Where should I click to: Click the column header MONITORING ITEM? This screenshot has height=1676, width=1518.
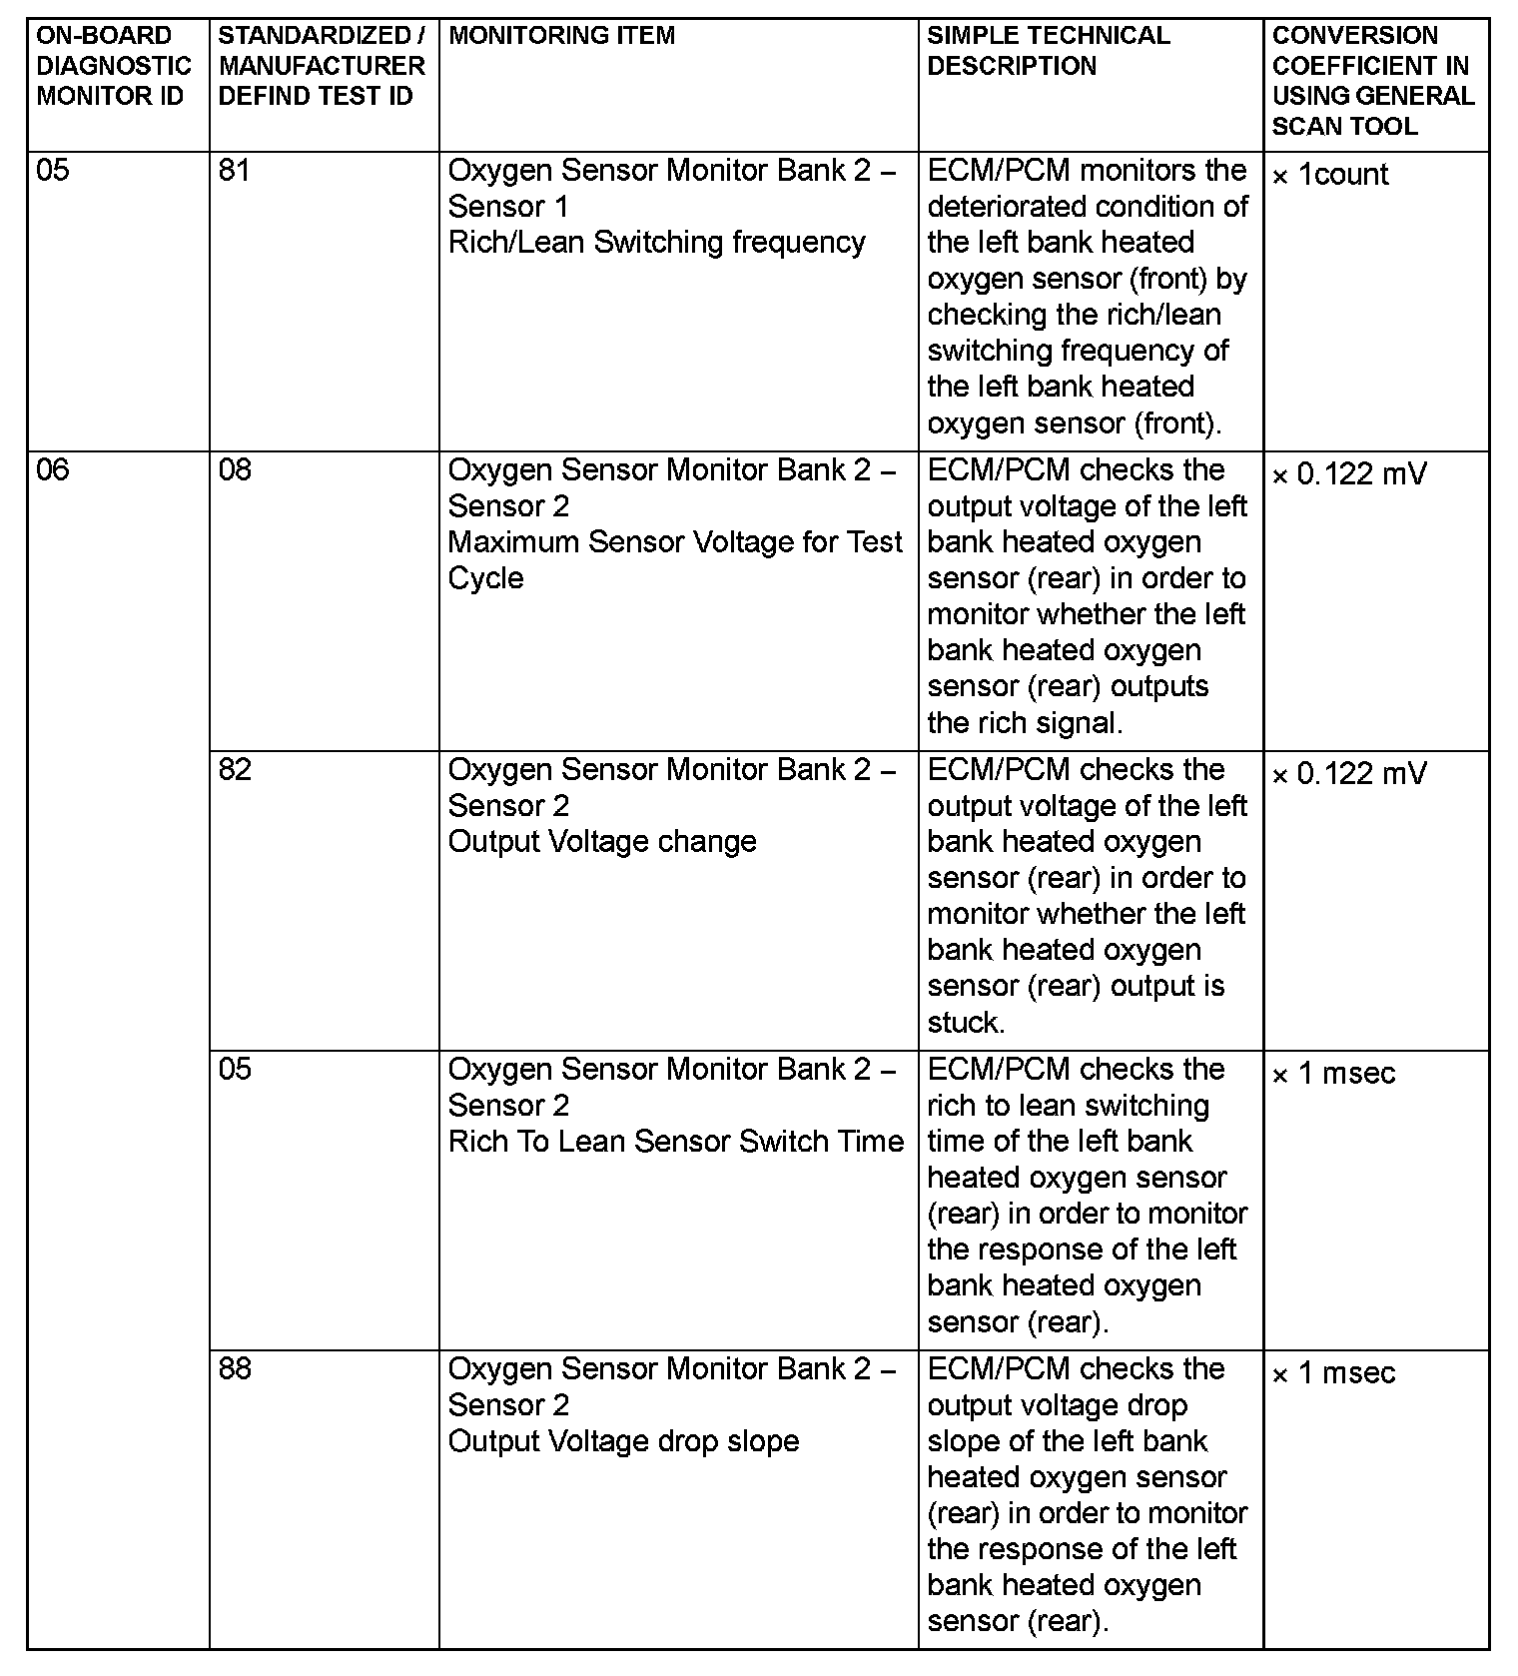tap(562, 36)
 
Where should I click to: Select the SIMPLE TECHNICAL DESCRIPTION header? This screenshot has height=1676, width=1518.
tap(1049, 51)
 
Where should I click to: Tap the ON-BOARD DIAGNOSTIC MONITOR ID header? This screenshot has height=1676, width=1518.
tap(113, 66)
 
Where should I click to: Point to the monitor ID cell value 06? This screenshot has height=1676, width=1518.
tap(53, 469)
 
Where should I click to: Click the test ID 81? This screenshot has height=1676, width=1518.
tap(234, 171)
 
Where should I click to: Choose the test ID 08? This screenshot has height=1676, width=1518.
tap(235, 469)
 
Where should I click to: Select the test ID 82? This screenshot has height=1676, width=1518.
tap(235, 769)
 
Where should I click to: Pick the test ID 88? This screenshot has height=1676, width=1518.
tap(235, 1368)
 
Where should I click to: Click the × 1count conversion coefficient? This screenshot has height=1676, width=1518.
tap(1330, 175)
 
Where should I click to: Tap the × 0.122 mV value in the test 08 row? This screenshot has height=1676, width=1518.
tap(1349, 474)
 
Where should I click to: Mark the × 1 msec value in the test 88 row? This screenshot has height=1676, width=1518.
tap(1333, 1373)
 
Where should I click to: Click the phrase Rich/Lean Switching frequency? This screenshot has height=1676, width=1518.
tap(656, 243)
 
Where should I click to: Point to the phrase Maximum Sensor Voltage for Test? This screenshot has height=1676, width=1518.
tap(675, 542)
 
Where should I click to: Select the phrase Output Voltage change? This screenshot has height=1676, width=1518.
tap(602, 842)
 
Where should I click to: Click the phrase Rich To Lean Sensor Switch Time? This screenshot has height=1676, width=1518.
tap(675, 1142)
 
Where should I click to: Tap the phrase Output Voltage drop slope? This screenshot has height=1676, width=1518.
tap(623, 1441)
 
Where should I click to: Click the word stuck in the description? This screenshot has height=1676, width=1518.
tap(964, 1023)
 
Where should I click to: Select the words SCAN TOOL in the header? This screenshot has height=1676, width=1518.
tap(1344, 126)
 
